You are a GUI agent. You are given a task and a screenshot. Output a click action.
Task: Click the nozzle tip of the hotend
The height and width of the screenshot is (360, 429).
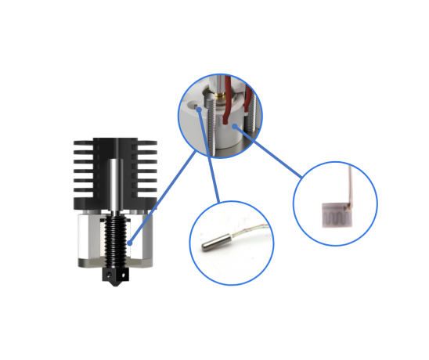(115, 290)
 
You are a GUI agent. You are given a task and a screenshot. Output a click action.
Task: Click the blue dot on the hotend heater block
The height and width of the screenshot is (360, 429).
(129, 244)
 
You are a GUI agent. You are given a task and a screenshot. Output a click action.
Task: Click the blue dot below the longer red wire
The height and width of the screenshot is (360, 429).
(233, 126)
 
